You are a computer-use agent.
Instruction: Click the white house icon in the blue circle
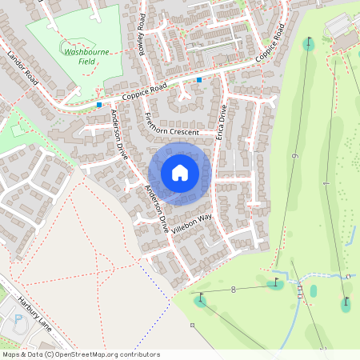(x=180, y=172)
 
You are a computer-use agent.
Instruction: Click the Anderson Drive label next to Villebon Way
(x=156, y=210)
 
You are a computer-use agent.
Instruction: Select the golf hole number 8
(x=234, y=289)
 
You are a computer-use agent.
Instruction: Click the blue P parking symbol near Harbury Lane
(x=18, y=321)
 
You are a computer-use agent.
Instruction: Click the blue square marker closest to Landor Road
(x=99, y=104)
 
